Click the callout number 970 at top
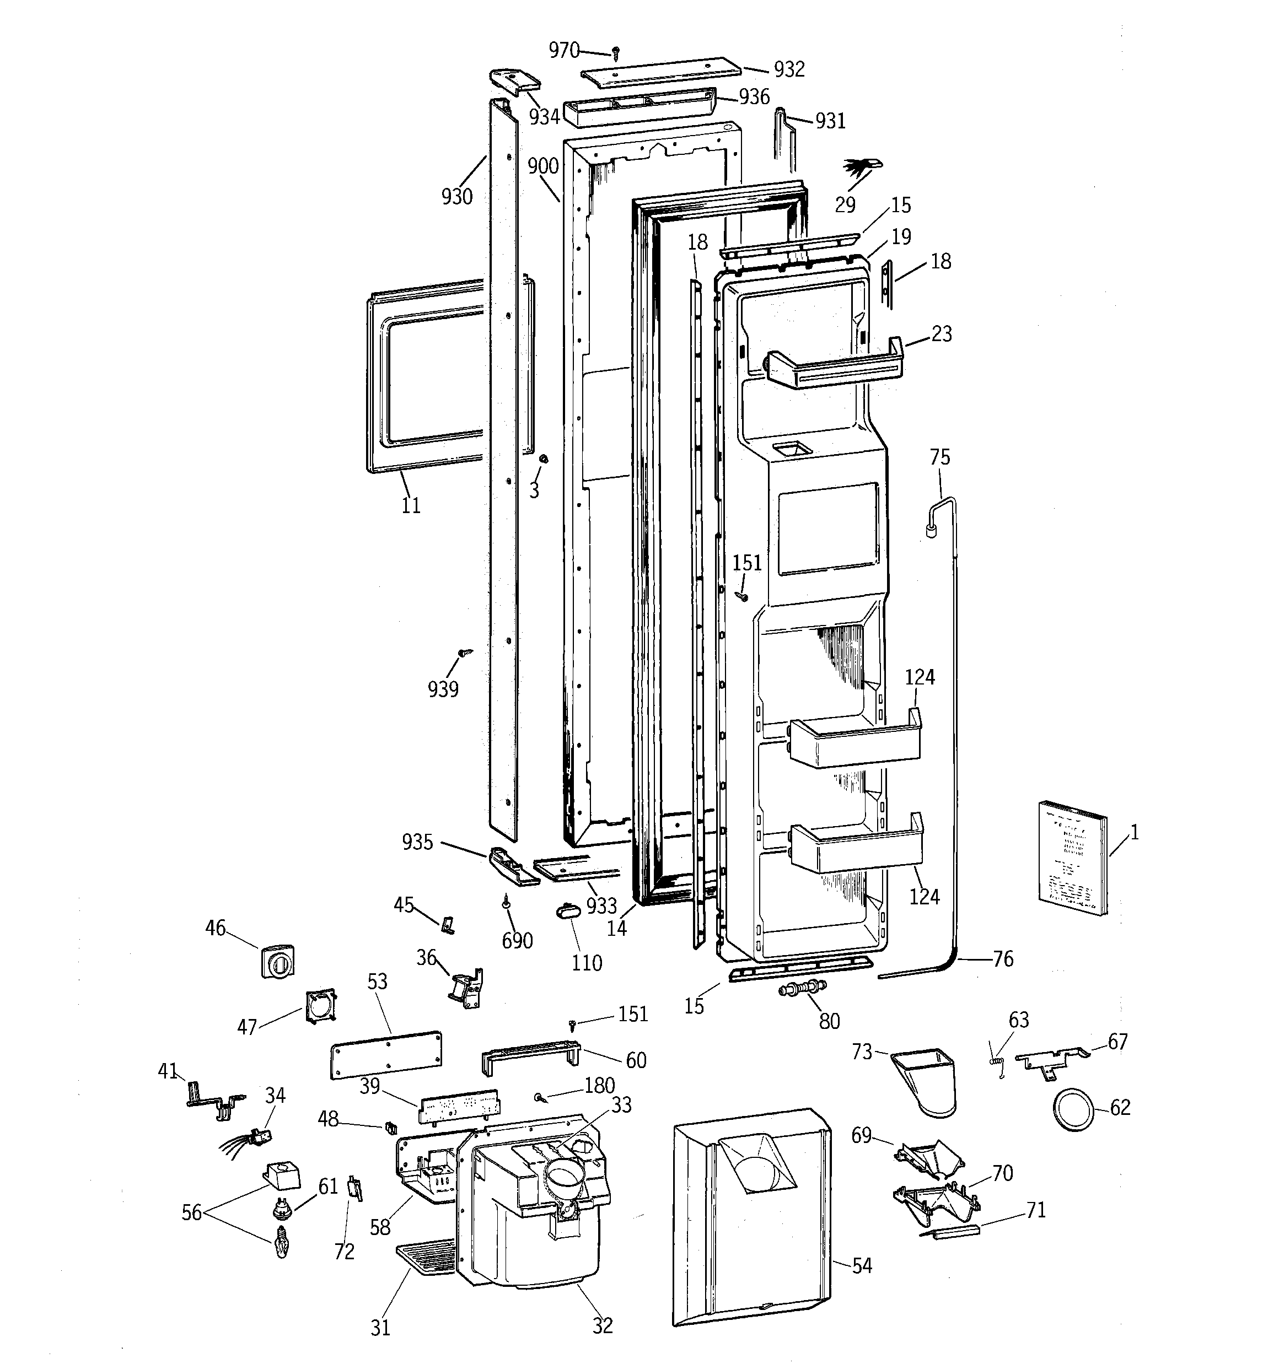563,50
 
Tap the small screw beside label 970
616,52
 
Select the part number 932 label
789,69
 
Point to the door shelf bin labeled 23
834,363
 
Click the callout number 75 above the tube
940,457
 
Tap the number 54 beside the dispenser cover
862,1266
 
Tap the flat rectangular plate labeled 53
386,1055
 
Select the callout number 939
443,689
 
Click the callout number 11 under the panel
411,506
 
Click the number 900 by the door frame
543,165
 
